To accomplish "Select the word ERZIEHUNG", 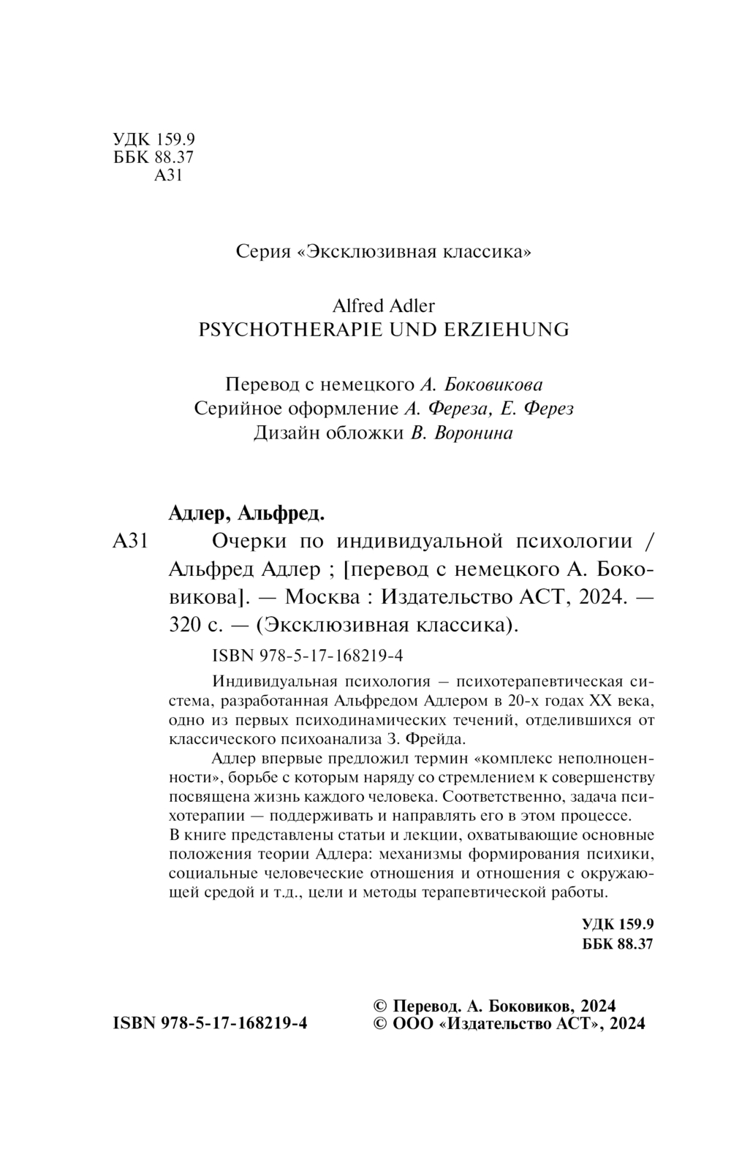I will (x=505, y=329).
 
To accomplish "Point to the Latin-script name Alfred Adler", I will (x=384, y=304).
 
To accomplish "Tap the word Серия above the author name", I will (x=262, y=252).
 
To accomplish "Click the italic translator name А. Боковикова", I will (x=481, y=384).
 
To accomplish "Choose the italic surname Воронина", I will (x=474, y=433).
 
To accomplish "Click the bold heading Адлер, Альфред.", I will (x=246, y=514).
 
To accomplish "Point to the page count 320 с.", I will (x=192, y=625).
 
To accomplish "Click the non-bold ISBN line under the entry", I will (x=306, y=656).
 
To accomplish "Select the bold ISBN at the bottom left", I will (x=210, y=1023).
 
